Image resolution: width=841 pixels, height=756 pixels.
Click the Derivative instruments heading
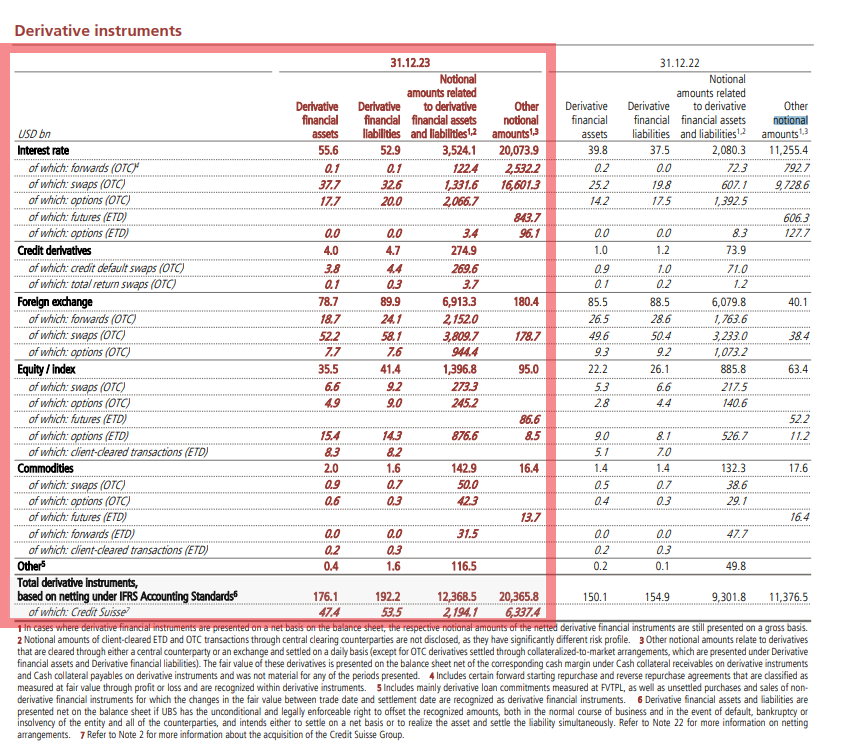[x=98, y=31]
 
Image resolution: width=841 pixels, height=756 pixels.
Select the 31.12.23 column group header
[x=410, y=63]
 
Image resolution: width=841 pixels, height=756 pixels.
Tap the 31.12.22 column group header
[x=680, y=63]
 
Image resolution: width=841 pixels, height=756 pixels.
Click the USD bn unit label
[x=34, y=134]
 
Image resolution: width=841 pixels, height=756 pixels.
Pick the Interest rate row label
[x=43, y=151]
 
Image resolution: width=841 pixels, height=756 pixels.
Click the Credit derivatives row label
[x=54, y=250]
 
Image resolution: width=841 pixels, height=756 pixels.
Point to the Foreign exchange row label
[x=55, y=302]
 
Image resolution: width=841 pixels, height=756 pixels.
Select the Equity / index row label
[x=46, y=369]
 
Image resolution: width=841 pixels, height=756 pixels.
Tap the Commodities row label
[x=45, y=469]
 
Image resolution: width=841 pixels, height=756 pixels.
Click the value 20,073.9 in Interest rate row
[x=519, y=151]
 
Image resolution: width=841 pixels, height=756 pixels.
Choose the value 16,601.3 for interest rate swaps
[x=519, y=185]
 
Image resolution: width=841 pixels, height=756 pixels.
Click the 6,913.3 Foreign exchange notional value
[x=459, y=302]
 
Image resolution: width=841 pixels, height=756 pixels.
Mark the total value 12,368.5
[x=456, y=597]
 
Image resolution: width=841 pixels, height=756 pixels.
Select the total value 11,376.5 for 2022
[x=788, y=597]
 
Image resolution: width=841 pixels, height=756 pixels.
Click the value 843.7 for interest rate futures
[x=526, y=218]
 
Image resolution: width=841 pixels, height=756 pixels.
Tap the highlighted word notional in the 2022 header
[x=791, y=120]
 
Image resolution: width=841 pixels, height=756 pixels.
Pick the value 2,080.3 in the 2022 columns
[x=729, y=151]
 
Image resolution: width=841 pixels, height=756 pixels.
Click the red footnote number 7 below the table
[x=83, y=735]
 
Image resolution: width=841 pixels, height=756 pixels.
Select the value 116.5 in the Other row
[x=463, y=566]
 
